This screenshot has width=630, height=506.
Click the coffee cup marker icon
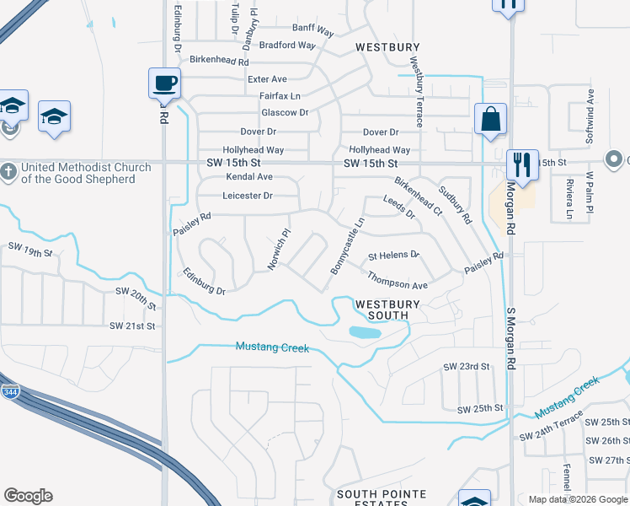click(x=165, y=83)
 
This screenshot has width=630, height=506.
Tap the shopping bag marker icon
click(x=489, y=120)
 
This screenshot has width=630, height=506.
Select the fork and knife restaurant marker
click(x=522, y=164)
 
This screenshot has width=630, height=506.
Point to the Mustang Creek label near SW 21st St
click(x=272, y=347)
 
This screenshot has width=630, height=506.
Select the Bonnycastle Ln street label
click(x=346, y=245)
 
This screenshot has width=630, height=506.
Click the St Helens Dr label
click(x=393, y=255)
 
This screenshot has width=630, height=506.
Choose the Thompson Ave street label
click(x=397, y=280)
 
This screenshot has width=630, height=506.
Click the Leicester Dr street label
click(x=248, y=196)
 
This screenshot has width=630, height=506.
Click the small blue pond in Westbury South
click(x=364, y=332)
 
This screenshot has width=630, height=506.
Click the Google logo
click(x=28, y=496)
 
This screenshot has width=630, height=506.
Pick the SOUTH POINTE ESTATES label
click(x=382, y=498)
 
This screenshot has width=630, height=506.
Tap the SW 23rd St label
click(x=467, y=367)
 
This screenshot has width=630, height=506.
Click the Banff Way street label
click(x=313, y=32)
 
